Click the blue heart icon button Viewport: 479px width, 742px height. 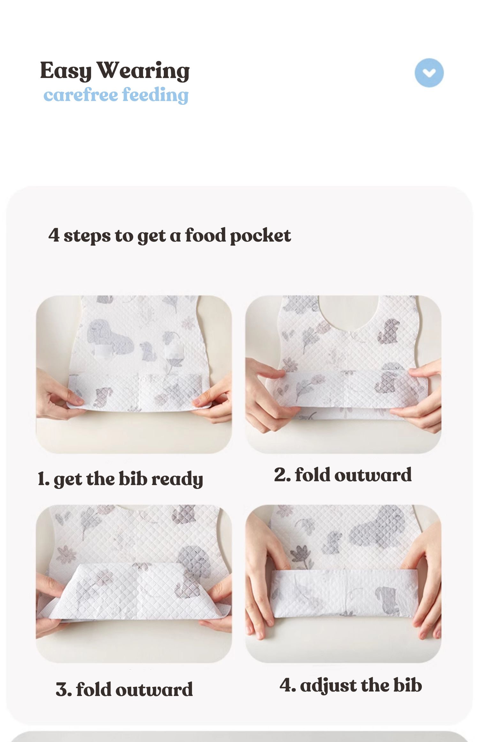pyautogui.click(x=429, y=73)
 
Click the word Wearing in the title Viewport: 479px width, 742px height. pyautogui.click(x=143, y=71)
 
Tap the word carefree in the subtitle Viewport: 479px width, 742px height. pyautogui.click(x=80, y=95)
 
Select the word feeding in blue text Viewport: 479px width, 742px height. pyautogui.click(x=155, y=95)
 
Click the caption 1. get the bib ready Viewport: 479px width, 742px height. pyautogui.click(x=120, y=479)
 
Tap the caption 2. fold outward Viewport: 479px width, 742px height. pyautogui.click(x=343, y=475)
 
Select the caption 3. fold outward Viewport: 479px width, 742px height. pyautogui.click(x=124, y=689)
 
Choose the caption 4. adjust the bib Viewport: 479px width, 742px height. pyautogui.click(x=351, y=685)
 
